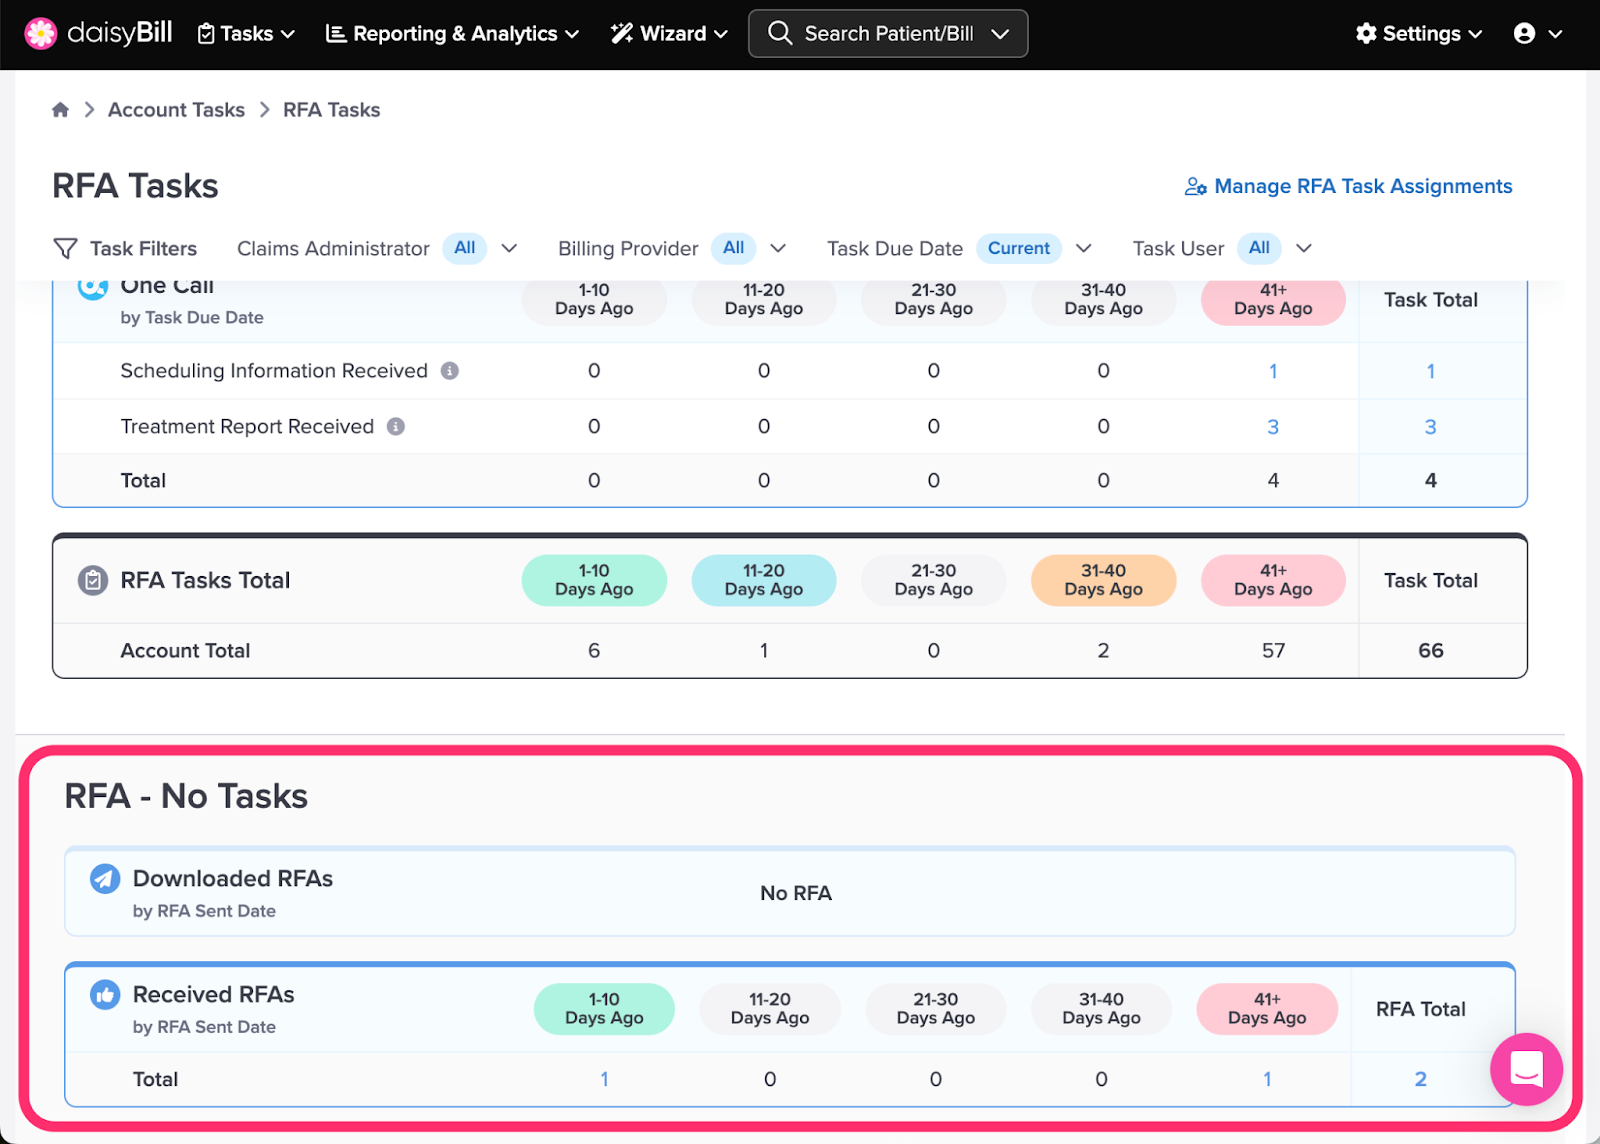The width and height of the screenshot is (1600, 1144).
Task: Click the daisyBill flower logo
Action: pos(41,34)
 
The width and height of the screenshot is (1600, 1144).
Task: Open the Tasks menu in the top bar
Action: pos(246,34)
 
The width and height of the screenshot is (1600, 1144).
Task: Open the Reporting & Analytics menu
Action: pos(452,34)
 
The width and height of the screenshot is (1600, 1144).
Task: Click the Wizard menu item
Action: pos(669,34)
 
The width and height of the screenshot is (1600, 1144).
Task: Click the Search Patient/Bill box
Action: pos(888,34)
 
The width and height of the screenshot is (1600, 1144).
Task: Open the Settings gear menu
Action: pos(1419,34)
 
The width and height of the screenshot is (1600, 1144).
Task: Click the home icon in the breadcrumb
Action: pos(61,109)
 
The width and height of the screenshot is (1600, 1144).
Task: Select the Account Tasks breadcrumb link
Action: pos(176,110)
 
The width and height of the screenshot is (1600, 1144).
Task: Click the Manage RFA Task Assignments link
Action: pos(1349,186)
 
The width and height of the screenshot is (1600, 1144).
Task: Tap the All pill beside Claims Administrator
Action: pos(464,248)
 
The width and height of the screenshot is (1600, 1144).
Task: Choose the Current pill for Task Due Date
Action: pos(1019,248)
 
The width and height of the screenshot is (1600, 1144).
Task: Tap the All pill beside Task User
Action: pos(1259,248)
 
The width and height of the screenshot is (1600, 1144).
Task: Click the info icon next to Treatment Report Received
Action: pos(396,426)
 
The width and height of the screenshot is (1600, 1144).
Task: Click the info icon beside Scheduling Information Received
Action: pos(449,371)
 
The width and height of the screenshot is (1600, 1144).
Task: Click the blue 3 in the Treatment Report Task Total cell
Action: pos(1430,427)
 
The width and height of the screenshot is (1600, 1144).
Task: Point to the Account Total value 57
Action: pos(1273,651)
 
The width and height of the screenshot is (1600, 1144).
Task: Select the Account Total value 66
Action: pos(1431,651)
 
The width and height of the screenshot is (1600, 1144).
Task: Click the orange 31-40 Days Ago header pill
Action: pos(1104,580)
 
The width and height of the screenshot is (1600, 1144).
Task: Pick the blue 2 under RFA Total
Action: pos(1421,1079)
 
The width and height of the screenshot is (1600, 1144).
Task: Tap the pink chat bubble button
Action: pos(1526,1069)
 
